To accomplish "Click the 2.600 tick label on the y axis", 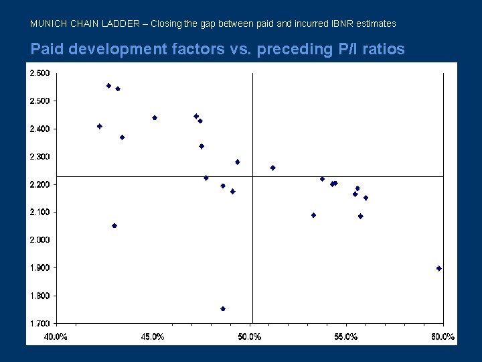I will pos(39,73).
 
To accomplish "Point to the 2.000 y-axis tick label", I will pos(39,240).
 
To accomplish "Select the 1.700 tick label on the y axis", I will pos(39,324).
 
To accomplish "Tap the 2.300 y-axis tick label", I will pos(39,157).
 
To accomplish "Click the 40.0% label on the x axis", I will pos(56,337).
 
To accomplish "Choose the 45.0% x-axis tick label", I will pos(153,337).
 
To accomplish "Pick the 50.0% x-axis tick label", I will pos(250,337).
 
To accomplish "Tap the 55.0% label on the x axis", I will pos(346,337).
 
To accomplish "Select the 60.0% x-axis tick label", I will pos(443,337).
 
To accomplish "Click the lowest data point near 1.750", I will pos(223,309).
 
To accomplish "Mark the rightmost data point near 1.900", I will pos(439,268).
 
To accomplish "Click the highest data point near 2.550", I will pos(108,86).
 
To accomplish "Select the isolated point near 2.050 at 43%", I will pos(114,226).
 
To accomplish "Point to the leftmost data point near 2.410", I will pos(100,126).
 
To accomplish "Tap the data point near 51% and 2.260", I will pos(272,168).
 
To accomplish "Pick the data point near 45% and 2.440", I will pos(155,118).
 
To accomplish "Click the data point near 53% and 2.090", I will pos(313,215).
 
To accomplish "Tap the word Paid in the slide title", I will pos(46,49).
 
